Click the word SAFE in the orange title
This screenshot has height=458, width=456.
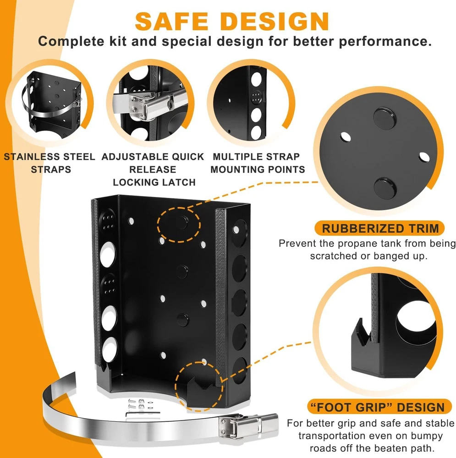pos(171,22)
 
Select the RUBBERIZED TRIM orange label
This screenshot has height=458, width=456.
pos(380,228)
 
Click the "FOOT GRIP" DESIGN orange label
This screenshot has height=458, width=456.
pos(380,407)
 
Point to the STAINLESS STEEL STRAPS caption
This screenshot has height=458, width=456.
pos(49,163)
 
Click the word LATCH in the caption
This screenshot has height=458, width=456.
pos(176,182)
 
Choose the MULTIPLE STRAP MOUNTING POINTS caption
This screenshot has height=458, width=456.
pos(258,163)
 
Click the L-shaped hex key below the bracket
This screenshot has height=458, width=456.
pos(143,414)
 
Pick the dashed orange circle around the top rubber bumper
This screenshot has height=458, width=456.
pos(179,224)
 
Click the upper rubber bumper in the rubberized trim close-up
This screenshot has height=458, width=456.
pos(385,118)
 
